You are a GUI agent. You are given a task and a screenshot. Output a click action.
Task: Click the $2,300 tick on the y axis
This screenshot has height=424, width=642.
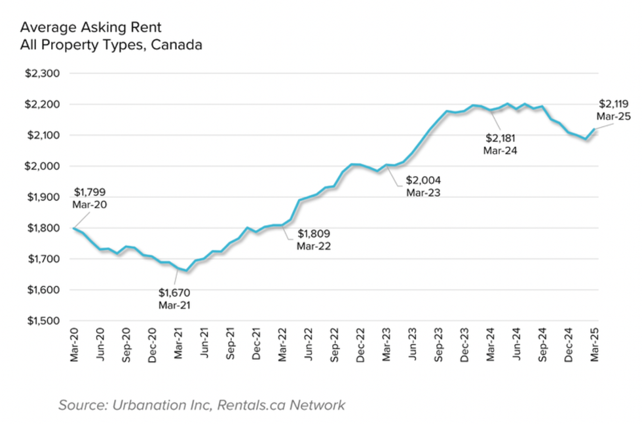42,73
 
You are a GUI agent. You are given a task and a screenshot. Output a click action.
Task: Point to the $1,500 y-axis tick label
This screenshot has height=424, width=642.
42,321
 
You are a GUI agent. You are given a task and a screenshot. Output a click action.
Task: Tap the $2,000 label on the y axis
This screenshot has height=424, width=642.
42,166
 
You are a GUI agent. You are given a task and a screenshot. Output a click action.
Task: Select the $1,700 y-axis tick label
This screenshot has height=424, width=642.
42,259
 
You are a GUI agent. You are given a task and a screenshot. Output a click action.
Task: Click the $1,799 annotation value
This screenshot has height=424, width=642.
89,192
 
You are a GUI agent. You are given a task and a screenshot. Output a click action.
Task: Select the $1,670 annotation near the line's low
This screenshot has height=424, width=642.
174,292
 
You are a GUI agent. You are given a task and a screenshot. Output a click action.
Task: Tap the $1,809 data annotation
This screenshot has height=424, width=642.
314,234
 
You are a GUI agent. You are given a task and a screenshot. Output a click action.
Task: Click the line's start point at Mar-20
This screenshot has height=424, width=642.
73,228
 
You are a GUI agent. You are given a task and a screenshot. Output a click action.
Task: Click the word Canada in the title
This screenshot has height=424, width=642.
178,45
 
